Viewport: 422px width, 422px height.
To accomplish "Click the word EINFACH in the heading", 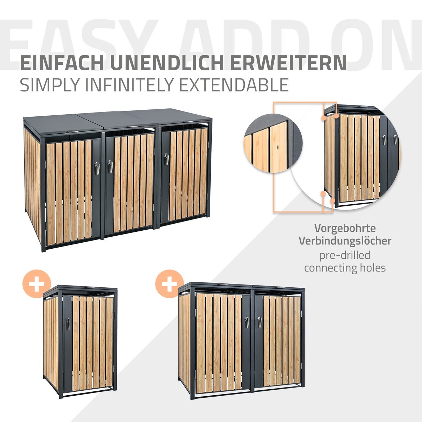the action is (62, 63).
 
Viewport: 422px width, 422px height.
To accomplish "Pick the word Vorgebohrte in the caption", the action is (345, 229).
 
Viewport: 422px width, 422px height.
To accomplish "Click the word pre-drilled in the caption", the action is (345, 255).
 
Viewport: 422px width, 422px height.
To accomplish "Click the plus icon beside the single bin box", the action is (37, 283).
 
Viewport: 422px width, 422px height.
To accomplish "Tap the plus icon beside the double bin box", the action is (170, 283).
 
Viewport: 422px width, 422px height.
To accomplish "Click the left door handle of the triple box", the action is (97, 168).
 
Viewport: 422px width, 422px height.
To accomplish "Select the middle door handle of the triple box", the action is (110, 166).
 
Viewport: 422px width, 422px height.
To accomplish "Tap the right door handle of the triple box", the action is (166, 159).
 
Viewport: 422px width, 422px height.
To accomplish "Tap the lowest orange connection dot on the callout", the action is (332, 200).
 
